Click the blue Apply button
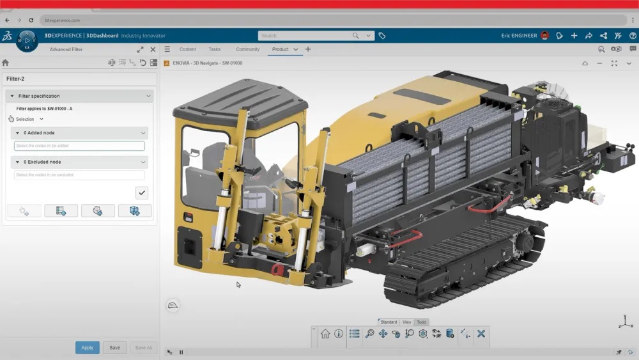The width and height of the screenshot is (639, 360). click(x=87, y=348)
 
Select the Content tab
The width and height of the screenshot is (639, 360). click(x=188, y=49)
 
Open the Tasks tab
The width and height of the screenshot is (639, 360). click(x=215, y=49)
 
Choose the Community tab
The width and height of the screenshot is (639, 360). click(x=247, y=49)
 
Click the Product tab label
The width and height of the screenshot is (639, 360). click(x=280, y=49)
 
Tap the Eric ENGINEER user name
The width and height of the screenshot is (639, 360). click(x=519, y=36)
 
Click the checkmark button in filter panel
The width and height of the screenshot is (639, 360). click(x=142, y=192)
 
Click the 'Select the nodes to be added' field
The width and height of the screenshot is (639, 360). click(x=79, y=146)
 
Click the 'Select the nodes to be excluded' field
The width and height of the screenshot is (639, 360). click(x=79, y=175)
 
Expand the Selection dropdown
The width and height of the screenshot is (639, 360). click(x=29, y=120)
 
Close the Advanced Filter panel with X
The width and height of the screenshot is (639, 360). click(x=153, y=49)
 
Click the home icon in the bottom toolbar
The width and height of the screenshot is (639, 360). click(x=325, y=334)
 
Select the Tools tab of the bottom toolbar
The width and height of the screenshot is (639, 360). click(x=422, y=322)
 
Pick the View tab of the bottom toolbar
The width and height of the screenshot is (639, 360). click(x=407, y=322)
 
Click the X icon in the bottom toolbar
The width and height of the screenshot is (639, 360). click(x=481, y=334)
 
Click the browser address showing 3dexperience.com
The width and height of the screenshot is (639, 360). click(x=62, y=20)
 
